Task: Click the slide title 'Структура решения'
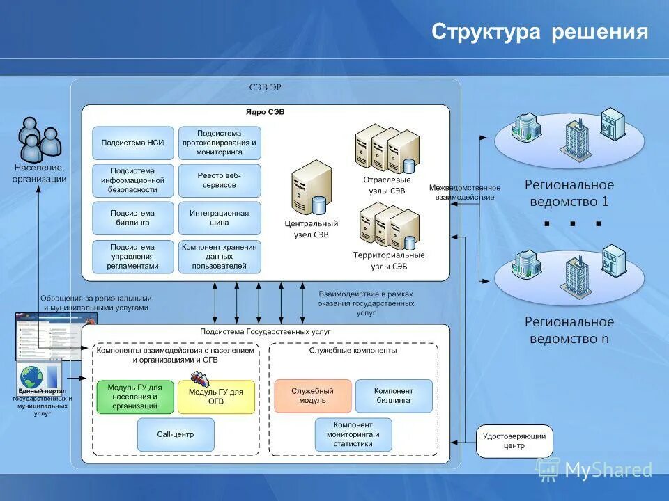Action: coord(539,32)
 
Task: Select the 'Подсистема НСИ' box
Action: coord(133,143)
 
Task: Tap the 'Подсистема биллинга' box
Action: coord(133,218)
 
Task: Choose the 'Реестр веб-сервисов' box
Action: coord(220,180)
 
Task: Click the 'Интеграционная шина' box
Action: coord(220,218)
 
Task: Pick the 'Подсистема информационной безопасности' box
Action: coord(133,180)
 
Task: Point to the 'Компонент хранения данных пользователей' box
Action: coord(220,256)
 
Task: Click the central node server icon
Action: coord(311,188)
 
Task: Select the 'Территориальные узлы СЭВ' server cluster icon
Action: coord(389,225)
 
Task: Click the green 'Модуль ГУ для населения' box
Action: coord(135,397)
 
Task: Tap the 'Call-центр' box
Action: coord(176,434)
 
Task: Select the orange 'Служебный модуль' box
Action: coord(312,396)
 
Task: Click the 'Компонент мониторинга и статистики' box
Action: coord(353,434)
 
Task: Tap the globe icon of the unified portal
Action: coord(31,377)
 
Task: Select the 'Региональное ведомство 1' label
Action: coord(569,193)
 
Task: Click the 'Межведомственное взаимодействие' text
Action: coord(464,192)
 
